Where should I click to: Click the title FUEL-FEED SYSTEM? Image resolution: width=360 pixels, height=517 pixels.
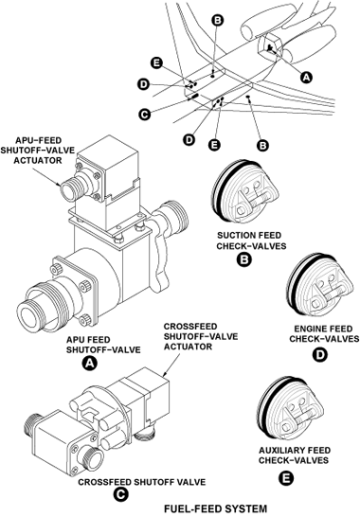pos(215,508)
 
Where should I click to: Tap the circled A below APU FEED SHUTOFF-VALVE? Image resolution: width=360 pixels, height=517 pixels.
pos(90,363)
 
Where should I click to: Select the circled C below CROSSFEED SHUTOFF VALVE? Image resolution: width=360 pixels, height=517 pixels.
pos(120,494)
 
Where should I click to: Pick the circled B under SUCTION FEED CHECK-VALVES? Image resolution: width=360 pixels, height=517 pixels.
pos(244,258)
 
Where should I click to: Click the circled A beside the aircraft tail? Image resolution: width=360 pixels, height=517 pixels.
pos(306,77)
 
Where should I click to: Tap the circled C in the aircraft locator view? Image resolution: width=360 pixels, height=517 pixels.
pos(144,114)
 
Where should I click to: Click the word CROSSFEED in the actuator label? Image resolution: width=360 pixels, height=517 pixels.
pos(190,327)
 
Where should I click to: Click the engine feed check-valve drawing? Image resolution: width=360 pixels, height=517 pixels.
pos(318,286)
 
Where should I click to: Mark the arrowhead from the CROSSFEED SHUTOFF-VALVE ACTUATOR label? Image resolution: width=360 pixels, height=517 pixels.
pos(165,374)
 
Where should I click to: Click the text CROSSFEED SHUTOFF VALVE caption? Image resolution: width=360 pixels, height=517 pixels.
pos(141,482)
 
